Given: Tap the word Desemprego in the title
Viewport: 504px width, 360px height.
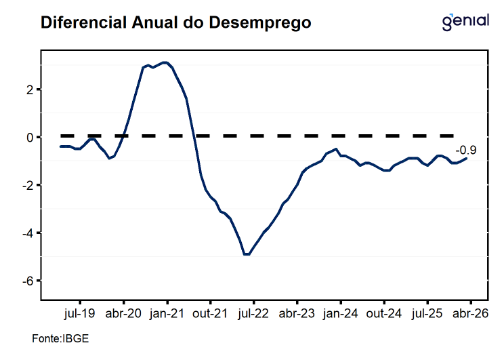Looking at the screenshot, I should click(261, 22).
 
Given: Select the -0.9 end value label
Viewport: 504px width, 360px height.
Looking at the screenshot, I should click(465, 151).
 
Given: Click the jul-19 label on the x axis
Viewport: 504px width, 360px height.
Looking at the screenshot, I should click(81, 314).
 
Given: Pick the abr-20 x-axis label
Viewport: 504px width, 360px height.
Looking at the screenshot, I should click(124, 314).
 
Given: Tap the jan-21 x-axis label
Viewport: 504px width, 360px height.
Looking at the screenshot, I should click(167, 314).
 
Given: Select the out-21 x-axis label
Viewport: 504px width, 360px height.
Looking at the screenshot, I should click(211, 314).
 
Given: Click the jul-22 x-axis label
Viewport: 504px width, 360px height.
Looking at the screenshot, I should click(254, 314).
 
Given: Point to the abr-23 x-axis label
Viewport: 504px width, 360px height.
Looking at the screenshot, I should click(297, 314).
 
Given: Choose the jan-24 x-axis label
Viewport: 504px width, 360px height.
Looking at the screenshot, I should click(341, 314).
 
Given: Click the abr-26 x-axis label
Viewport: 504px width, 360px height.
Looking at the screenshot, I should click(470, 314).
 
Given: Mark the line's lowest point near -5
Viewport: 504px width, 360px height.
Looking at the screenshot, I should click(247, 254).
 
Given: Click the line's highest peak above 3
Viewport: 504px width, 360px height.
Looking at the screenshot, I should click(165, 62).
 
